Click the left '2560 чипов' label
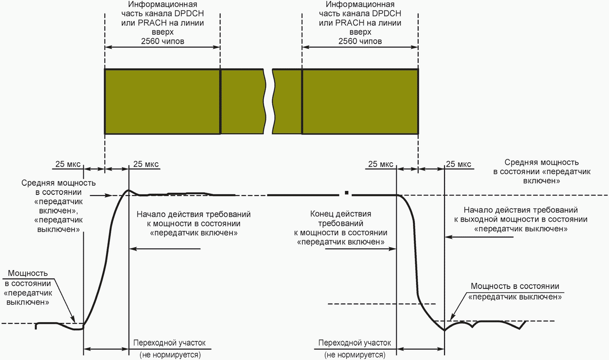click(163, 41)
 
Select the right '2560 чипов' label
click(360, 41)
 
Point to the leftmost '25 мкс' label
click(68, 164)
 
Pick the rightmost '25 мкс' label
click(458, 164)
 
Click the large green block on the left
click(162, 101)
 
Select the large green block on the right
click(360, 101)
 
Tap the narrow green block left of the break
click(243, 101)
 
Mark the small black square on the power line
click(347, 193)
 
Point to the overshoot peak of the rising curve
click(128, 190)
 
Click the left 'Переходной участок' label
click(169, 343)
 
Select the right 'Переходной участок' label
click(355, 343)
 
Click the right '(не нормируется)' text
click(355, 355)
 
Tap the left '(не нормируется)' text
click(170, 355)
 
